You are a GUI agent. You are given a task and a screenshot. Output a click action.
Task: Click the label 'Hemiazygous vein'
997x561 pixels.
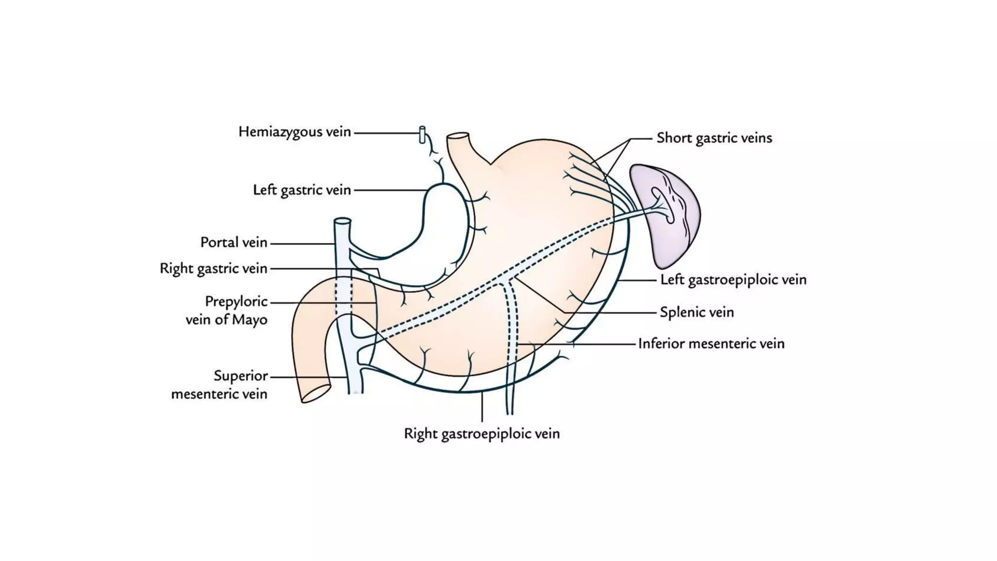pos(295,132)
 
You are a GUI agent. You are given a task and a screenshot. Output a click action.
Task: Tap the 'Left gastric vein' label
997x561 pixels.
pos(302,190)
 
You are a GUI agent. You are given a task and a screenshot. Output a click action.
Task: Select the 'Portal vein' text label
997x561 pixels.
pos(234,243)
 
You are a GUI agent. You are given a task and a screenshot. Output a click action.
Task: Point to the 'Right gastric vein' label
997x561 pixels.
pos(213,268)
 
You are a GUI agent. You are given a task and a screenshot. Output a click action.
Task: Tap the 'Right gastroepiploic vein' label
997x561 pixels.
pos(481,433)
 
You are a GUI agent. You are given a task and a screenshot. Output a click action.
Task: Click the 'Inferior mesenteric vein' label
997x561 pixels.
pos(711,344)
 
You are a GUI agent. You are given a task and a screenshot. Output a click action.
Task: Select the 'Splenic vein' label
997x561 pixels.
pos(697,312)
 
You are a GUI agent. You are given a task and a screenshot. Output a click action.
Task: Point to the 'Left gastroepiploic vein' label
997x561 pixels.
pos(733,280)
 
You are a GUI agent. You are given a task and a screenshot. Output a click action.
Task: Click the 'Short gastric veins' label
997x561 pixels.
pos(714,138)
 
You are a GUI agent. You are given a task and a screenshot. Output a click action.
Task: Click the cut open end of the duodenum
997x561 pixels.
pos(316,393)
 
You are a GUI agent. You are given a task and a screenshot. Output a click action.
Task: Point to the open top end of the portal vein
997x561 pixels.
pos(342,221)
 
